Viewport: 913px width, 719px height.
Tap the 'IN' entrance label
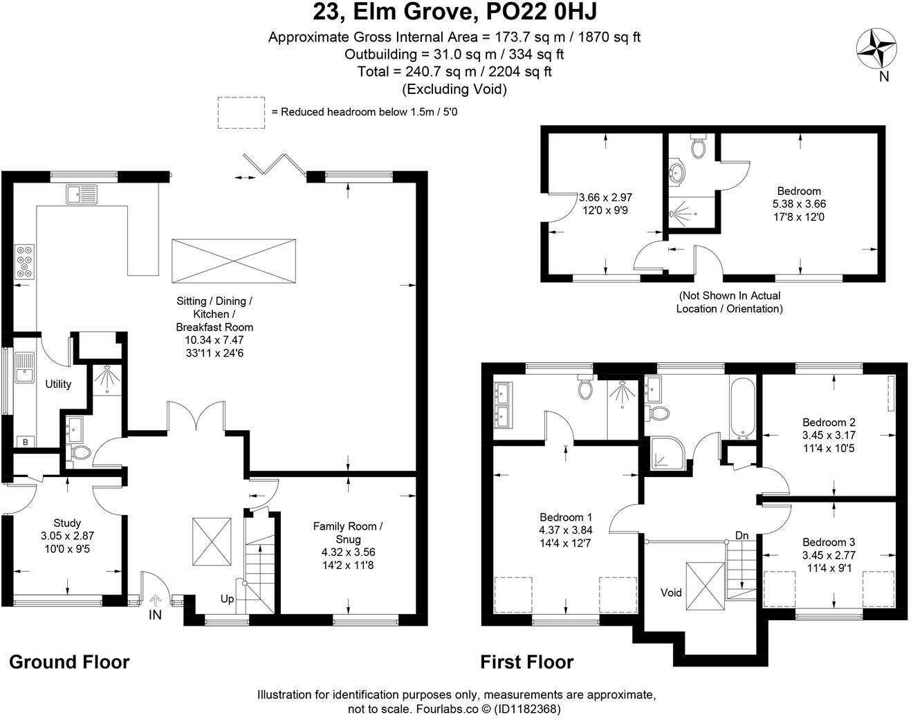(155, 614)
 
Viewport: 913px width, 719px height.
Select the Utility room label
(58, 384)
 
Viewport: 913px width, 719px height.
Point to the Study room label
(67, 523)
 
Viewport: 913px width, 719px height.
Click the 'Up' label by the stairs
(227, 599)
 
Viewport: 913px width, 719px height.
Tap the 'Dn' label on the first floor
(741, 536)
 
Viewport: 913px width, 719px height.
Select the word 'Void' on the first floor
(671, 592)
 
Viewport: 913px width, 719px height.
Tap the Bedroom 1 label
(566, 517)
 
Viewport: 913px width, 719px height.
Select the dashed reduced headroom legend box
(241, 112)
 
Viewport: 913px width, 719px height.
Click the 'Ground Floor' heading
(69, 662)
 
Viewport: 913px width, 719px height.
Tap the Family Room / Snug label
(348, 532)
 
